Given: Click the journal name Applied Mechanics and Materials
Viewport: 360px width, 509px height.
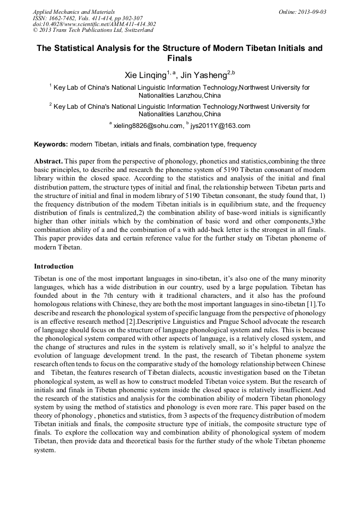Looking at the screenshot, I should point(74,12).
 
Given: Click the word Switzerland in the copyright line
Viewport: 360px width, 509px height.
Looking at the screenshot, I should point(135,30).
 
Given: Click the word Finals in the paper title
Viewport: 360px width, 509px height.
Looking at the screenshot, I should point(179,58).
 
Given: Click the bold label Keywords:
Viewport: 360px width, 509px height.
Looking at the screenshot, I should point(51,144).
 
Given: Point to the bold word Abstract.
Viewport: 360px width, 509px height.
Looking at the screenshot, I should point(49,161).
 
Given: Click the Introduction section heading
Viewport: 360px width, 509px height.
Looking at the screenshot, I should point(54,266).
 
